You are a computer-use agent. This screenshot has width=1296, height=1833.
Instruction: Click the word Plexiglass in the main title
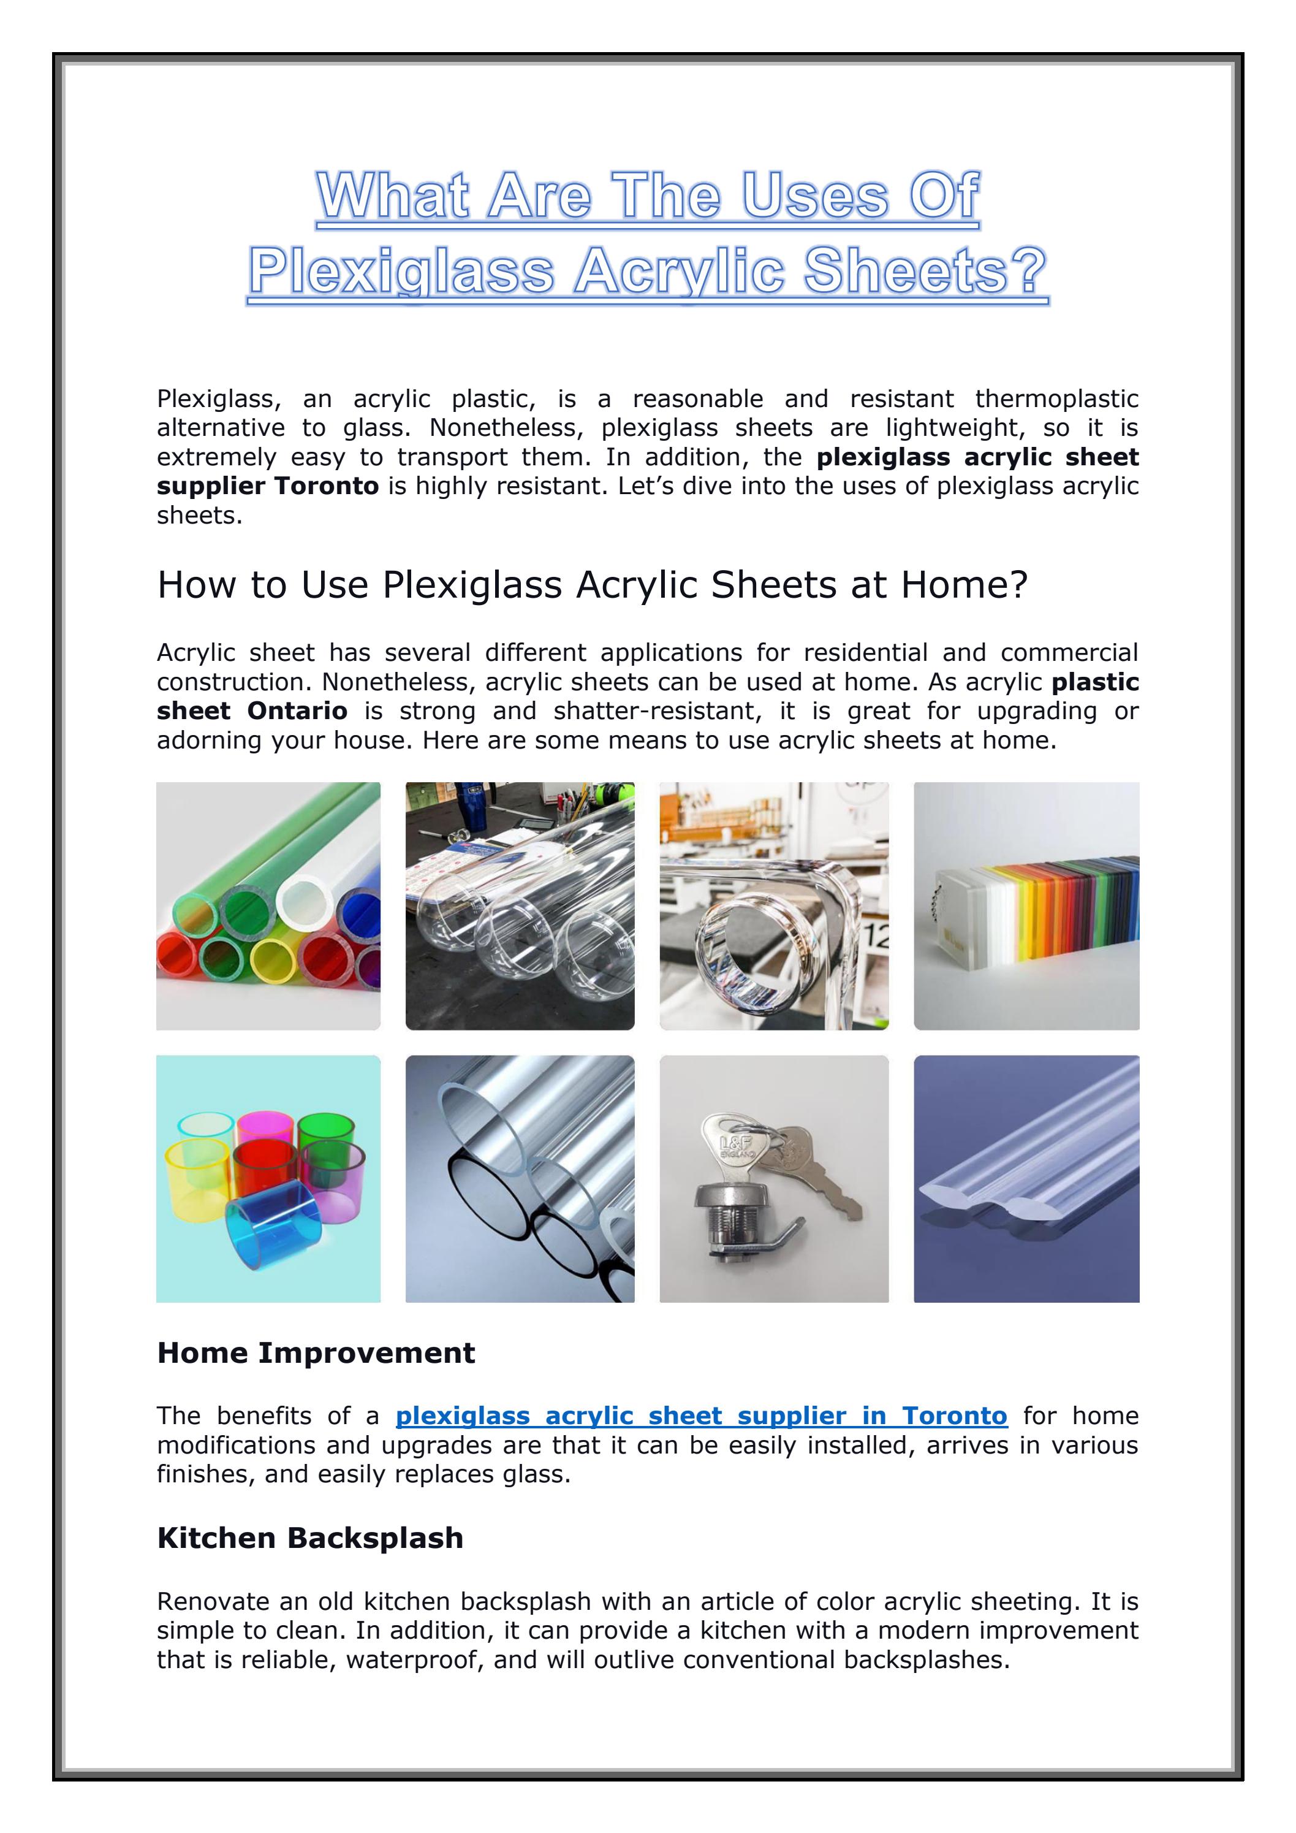point(401,272)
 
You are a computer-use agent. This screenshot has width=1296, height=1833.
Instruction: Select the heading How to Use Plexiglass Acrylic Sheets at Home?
point(592,585)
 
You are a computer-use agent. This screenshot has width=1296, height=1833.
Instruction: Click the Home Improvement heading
point(316,1353)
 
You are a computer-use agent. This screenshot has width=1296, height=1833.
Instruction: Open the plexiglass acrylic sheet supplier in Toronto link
point(702,1416)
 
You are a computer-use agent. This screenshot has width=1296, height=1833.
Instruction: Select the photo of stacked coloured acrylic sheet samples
point(1026,906)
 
